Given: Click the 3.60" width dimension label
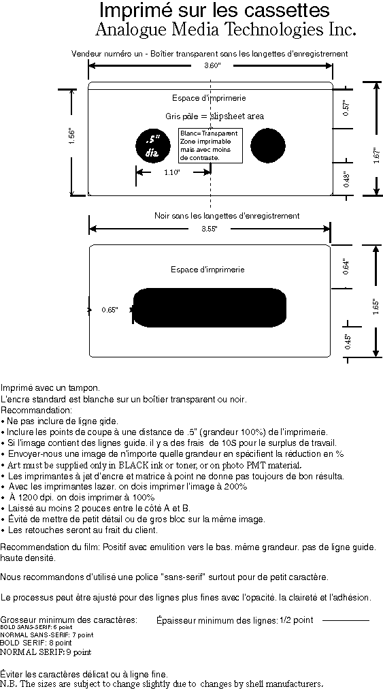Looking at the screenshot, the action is click(212, 65).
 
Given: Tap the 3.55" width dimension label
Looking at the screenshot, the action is click(210, 229).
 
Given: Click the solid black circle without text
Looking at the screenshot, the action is click(268, 146).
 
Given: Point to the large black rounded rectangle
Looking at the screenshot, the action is click(210, 308).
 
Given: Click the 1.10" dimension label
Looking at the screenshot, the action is click(172, 172).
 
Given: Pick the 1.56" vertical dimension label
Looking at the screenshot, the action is click(73, 135).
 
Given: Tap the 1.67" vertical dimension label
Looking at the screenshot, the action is click(377, 155).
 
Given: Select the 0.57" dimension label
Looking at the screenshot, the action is click(346, 108).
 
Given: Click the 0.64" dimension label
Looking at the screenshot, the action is click(346, 267).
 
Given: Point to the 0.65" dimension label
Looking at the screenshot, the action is click(110, 310).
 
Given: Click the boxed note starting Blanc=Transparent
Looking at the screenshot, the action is click(210, 146).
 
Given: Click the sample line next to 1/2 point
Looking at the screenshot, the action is click(346, 620).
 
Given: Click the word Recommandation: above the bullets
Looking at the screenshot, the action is click(36, 411).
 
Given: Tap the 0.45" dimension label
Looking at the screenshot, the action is click(348, 342).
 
